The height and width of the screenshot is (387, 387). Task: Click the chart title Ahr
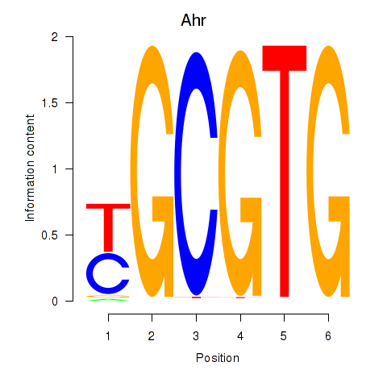(193, 20)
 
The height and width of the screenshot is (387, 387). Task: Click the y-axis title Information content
(30, 168)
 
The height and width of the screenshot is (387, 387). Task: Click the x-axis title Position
(218, 358)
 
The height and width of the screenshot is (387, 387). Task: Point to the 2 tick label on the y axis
(55, 37)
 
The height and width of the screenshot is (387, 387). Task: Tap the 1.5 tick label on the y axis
(50, 103)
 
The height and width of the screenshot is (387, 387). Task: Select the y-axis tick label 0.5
(50, 235)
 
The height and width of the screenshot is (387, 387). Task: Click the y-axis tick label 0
(55, 302)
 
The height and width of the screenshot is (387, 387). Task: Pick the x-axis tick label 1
(108, 336)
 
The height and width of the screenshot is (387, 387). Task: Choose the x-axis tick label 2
(152, 336)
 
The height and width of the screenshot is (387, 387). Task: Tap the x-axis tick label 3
(196, 336)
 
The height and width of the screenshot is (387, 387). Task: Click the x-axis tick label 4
(240, 336)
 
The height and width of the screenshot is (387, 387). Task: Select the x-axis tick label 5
(284, 336)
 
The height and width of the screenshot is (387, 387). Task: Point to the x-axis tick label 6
(328, 336)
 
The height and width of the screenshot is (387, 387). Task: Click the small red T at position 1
(108, 228)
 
